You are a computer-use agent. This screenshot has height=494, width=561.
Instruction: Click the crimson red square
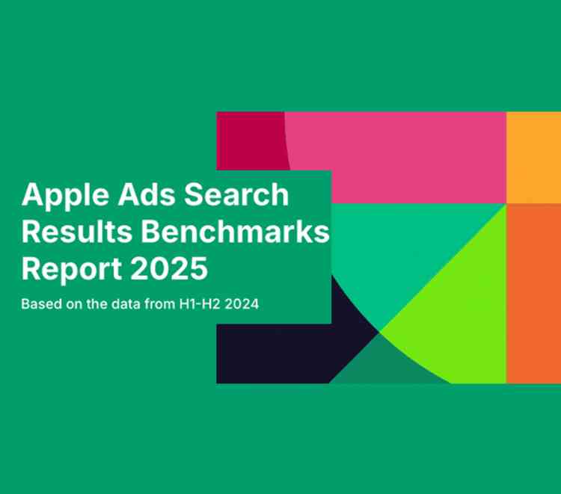click(x=247, y=138)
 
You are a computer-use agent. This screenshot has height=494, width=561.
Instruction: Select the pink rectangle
click(x=404, y=153)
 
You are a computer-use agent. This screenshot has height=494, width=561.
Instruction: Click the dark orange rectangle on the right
click(x=533, y=291)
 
